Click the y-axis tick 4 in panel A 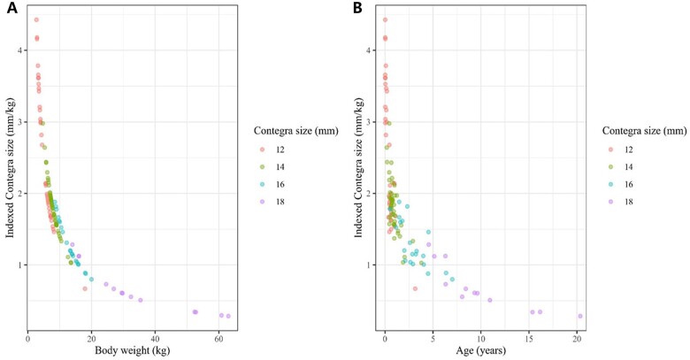(x=20, y=50)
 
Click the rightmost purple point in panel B (x=580, y=316)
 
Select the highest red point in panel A (x=36, y=19)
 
